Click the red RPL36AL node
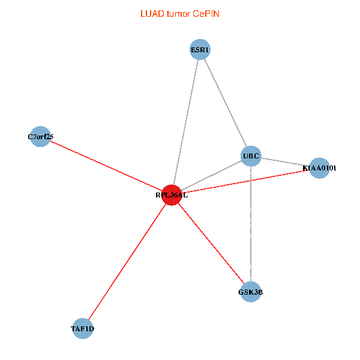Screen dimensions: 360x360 tap(172, 195)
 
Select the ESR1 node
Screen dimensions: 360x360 tap(200, 49)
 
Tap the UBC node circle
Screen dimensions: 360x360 tap(251, 157)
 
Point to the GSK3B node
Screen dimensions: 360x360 tap(251, 292)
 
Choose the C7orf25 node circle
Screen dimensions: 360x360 tap(40, 137)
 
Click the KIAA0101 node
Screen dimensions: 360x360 tap(320, 168)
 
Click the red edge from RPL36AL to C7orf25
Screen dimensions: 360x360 tap(106, 166)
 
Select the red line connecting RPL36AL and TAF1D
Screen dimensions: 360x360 tap(127, 262)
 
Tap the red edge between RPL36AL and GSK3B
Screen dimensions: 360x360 tap(211, 243)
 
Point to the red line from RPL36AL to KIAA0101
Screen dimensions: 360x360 tap(246, 182)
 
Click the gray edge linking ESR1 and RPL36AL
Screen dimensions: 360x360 tap(186, 122)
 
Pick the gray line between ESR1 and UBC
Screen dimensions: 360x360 tap(226, 103)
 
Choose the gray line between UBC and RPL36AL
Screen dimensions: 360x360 tap(211, 176)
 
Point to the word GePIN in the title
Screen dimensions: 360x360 tap(206, 13)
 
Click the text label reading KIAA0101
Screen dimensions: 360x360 tap(320, 168)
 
